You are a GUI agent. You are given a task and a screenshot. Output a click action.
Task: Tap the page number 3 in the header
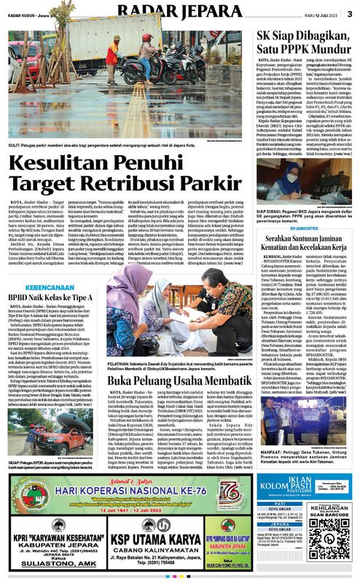(350, 12)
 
